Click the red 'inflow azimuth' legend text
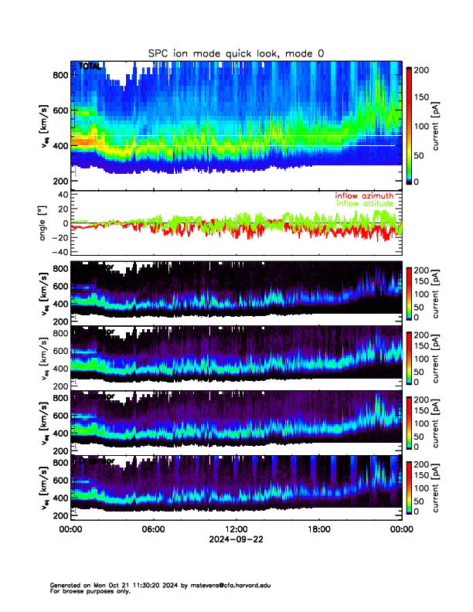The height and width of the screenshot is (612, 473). tap(364, 196)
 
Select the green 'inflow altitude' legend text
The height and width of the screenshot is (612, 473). tap(364, 204)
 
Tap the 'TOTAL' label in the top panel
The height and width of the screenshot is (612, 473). tap(89, 67)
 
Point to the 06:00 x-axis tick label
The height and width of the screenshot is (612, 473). tap(153, 529)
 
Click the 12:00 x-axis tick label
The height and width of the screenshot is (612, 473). tap(236, 529)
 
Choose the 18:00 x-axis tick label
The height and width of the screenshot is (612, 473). tap(319, 529)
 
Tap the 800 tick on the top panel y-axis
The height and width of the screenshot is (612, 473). tap(60, 75)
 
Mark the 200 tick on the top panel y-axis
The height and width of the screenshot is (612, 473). tap(60, 181)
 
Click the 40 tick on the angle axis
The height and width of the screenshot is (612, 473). tap(62, 195)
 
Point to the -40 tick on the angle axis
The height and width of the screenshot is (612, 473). tap(59, 252)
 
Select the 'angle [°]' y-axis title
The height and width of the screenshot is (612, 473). tap(44, 224)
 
